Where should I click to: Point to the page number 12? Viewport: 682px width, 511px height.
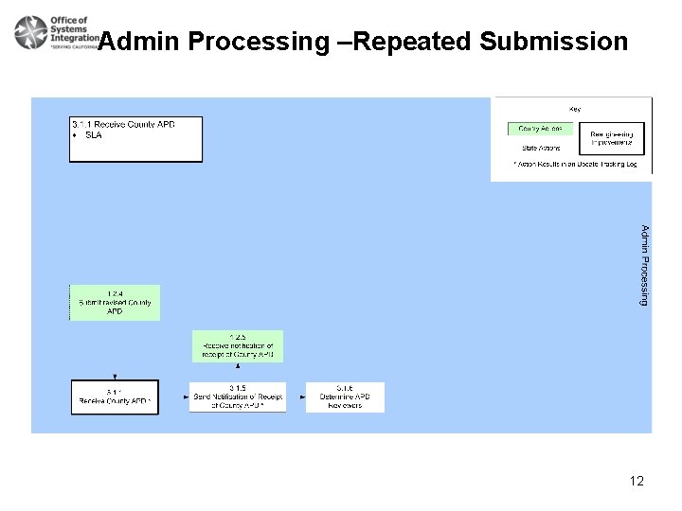(636, 481)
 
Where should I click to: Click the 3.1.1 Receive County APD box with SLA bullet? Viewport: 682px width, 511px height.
(136, 139)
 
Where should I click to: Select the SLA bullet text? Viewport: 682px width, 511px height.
(93, 135)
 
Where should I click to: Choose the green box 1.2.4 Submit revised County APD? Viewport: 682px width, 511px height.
(115, 303)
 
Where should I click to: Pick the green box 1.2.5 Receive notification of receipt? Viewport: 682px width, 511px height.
(237, 346)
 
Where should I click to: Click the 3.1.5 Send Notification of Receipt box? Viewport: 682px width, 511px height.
(237, 397)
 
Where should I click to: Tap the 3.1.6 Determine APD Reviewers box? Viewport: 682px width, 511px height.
(347, 397)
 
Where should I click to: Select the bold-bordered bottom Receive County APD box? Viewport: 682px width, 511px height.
(115, 396)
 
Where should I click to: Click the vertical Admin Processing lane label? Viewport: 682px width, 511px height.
(644, 265)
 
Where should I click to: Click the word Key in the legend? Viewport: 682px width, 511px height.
(574, 109)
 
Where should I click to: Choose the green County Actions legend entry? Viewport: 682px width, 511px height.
(541, 129)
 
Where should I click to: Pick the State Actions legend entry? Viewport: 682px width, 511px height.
(541, 148)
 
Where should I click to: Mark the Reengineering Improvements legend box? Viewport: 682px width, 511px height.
(611, 138)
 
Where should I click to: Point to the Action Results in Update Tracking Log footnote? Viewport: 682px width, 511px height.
(575, 165)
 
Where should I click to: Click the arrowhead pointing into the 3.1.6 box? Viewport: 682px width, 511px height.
(308, 397)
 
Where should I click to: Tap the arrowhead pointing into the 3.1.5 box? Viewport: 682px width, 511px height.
(192, 397)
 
